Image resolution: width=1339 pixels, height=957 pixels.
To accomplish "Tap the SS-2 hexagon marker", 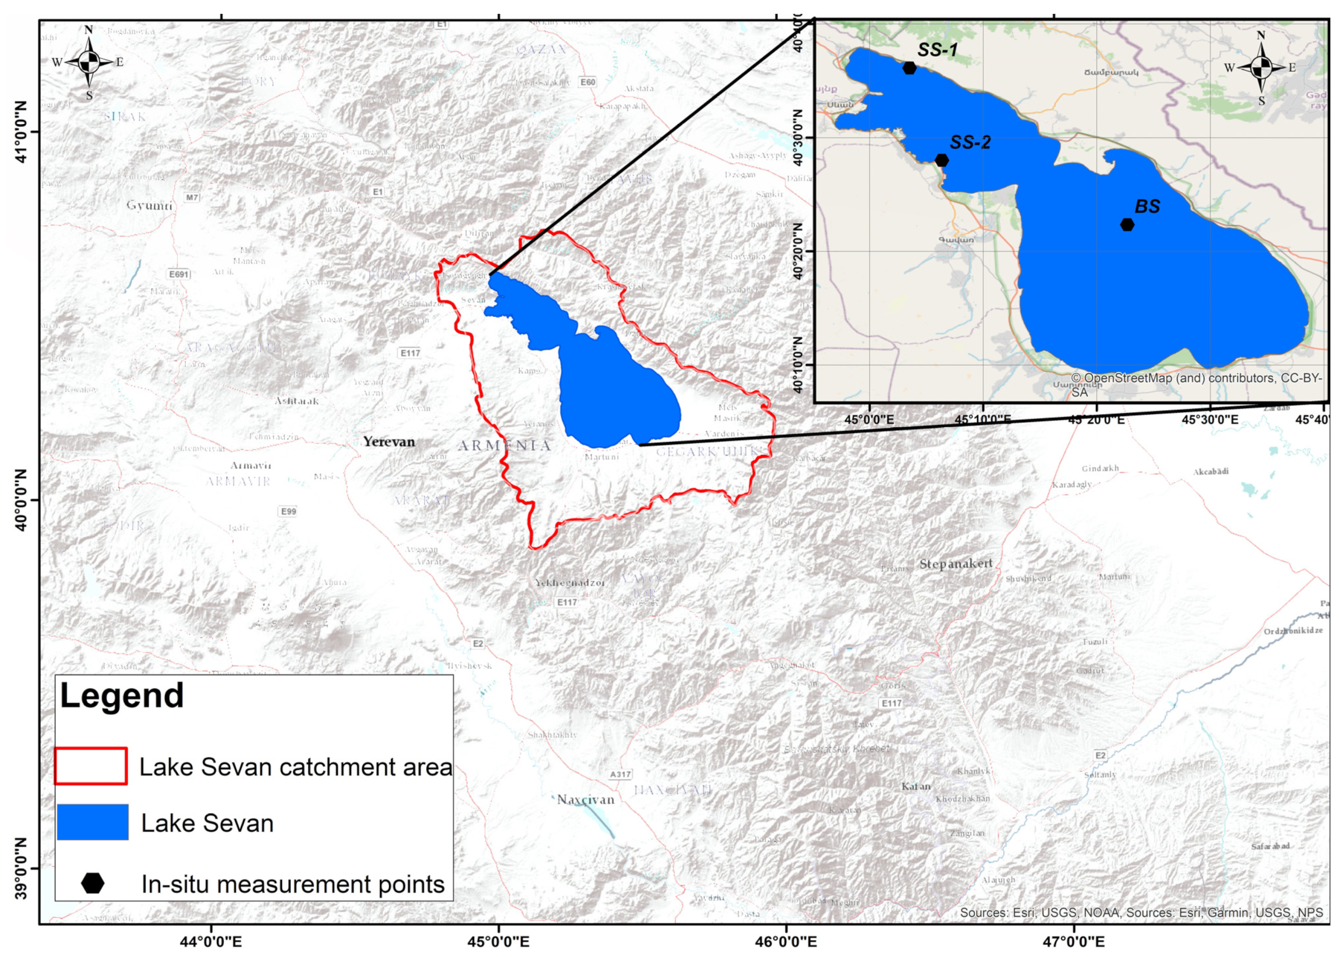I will click(942, 160).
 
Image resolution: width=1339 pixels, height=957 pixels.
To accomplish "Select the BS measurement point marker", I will click(1127, 224).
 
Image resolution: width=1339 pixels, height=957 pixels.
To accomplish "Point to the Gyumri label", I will click(149, 206).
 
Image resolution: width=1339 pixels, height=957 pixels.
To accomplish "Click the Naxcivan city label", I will click(585, 800).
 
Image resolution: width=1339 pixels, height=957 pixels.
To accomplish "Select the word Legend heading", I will click(122, 695).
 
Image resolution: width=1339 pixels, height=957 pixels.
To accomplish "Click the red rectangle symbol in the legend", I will click(91, 766).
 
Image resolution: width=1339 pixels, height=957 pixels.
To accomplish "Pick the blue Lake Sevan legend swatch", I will click(93, 822).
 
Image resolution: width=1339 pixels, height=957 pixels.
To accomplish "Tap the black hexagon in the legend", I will click(93, 883).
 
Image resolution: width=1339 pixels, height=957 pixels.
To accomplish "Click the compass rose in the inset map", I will click(1261, 68).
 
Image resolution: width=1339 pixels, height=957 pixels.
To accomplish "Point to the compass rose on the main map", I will click(89, 62).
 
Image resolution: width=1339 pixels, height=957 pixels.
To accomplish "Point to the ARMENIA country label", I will click(504, 446).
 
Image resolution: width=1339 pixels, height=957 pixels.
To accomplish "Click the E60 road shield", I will click(588, 82).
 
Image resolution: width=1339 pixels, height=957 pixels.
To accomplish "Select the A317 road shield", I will click(620, 774).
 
